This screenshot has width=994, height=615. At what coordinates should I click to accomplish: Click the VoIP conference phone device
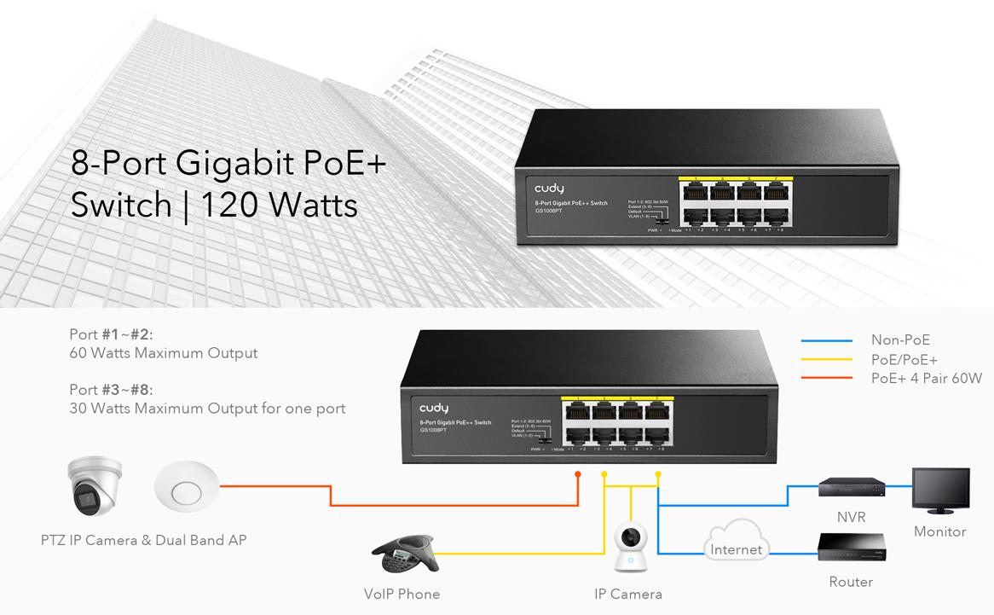tap(403, 555)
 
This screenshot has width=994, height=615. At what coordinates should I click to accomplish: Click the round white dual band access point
tap(186, 490)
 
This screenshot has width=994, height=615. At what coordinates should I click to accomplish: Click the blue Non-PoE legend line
tap(826, 340)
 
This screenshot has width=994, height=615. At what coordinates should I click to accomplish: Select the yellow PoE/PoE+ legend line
tap(826, 359)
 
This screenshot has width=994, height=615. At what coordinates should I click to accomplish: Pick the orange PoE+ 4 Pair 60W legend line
tap(826, 378)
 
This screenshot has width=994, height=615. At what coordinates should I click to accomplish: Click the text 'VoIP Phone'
tap(402, 594)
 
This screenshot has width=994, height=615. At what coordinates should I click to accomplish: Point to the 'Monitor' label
tap(939, 531)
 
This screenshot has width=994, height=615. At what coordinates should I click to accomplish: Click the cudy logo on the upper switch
tap(549, 189)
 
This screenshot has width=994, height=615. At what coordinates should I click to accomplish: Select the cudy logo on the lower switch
tap(433, 409)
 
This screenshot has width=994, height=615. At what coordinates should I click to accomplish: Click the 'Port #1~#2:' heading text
tap(111, 334)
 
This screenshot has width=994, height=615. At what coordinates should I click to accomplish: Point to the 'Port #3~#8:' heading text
tap(111, 390)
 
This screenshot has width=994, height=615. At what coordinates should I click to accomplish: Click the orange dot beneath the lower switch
tap(578, 473)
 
